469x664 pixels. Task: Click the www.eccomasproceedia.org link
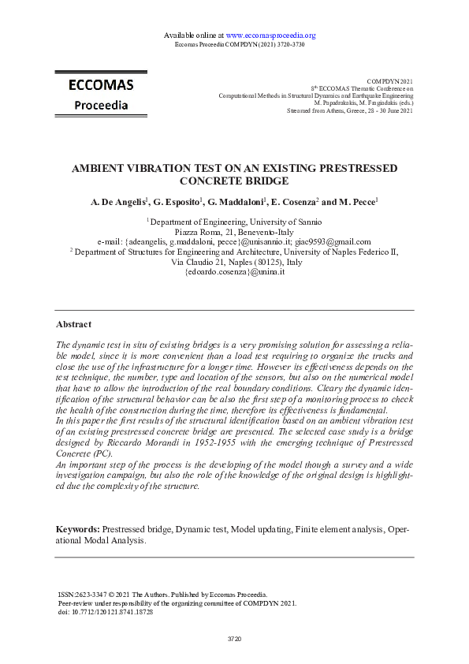coord(270,35)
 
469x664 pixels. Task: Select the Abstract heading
coord(73,324)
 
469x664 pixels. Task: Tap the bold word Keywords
coord(78,528)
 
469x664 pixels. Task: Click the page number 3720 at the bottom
coord(234,637)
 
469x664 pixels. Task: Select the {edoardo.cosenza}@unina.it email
coord(234,271)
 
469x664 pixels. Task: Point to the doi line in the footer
coord(106,611)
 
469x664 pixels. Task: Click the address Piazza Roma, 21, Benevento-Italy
coord(234,233)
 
